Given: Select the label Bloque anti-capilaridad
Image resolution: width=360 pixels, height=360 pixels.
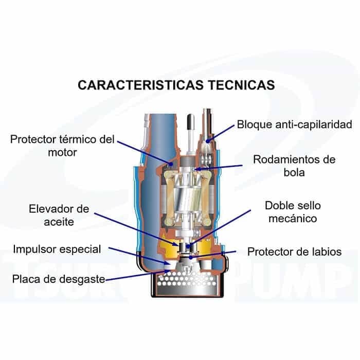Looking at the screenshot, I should point(294,125).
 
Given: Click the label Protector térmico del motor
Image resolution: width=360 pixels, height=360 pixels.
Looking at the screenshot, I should point(63,146).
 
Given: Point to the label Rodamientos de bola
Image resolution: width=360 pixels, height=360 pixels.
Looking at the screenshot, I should point(294,166).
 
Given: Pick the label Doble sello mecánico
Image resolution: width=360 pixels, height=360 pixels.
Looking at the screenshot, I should point(293,212).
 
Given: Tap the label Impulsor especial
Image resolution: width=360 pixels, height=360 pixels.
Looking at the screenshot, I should point(57,249).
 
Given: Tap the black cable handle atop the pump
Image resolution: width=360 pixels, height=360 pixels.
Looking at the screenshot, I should point(189,123).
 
